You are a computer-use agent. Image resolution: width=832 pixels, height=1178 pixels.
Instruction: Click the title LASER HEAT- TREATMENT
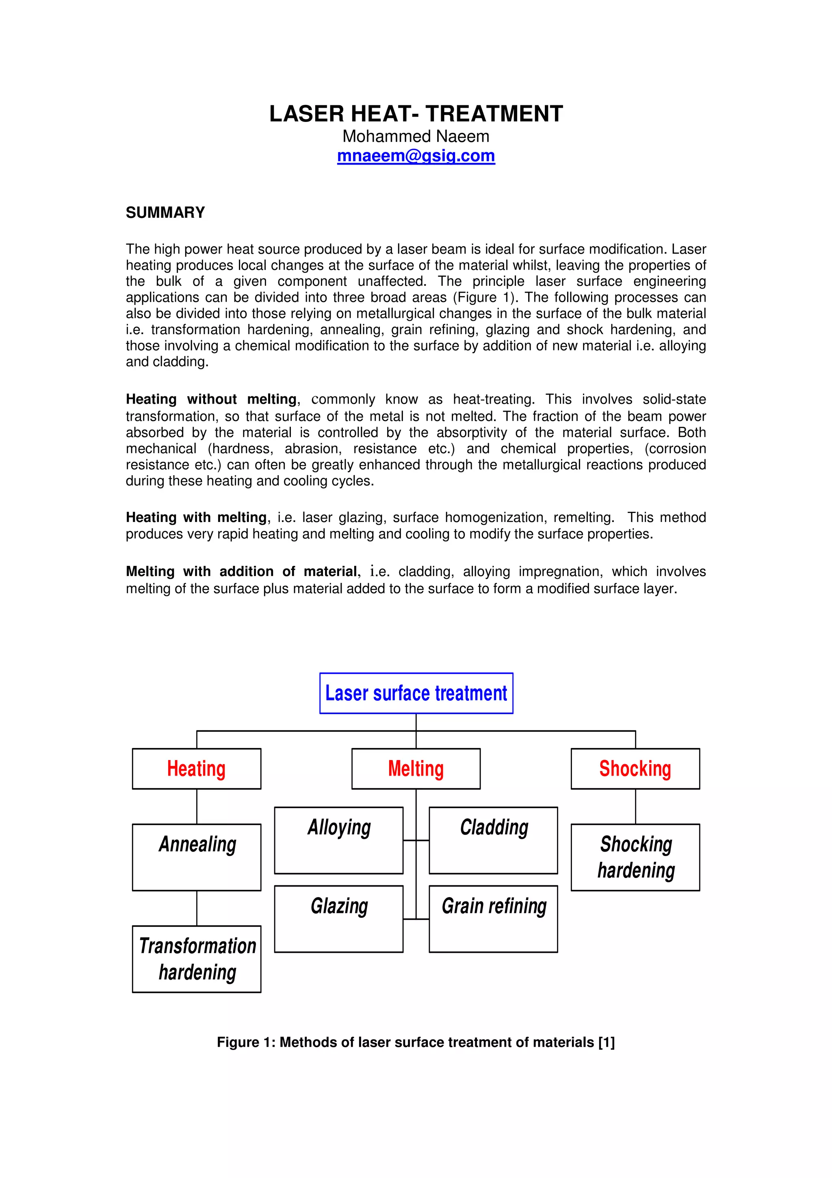coord(416,113)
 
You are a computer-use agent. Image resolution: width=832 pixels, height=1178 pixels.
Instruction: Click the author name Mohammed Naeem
coord(416,137)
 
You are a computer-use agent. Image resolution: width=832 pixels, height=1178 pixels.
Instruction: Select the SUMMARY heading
coord(165,213)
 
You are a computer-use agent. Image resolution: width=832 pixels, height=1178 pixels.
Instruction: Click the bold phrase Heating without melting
coord(211,399)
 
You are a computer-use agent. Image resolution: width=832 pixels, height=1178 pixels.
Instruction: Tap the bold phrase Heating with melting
coord(196,517)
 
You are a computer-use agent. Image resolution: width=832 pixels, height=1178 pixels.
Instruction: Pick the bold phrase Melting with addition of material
coord(241,572)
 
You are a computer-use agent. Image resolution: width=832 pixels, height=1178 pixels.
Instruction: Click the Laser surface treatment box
coord(416,693)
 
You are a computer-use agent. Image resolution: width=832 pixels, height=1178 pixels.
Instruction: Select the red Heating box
coord(196,769)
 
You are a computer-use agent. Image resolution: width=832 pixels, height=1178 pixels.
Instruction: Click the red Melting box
coord(416,769)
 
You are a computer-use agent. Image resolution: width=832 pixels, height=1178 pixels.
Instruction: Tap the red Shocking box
coord(635,769)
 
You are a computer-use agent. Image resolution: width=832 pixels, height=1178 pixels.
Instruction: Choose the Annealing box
coord(196,857)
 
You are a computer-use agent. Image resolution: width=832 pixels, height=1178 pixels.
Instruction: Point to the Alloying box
coord(338,840)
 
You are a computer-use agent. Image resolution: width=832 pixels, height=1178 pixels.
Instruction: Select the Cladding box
coord(493,840)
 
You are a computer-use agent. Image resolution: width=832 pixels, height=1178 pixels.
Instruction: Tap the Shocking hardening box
coord(635,857)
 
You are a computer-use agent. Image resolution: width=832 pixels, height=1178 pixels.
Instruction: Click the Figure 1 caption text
coord(416,1042)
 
